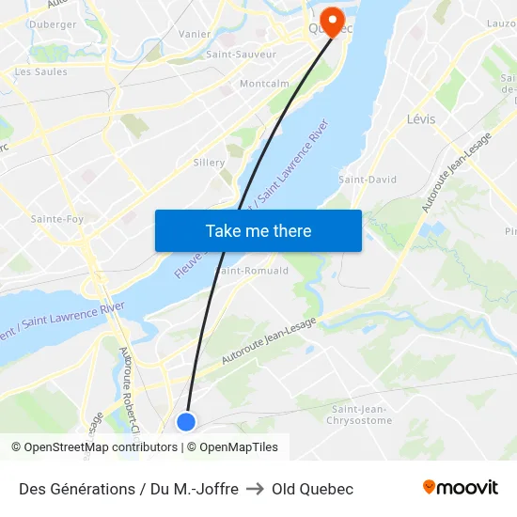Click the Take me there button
click(258, 231)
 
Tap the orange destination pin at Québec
click(332, 18)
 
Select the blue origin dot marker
click(186, 422)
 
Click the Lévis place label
click(422, 118)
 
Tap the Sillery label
click(209, 163)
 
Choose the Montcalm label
click(264, 84)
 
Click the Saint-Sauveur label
click(241, 55)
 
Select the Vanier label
click(195, 34)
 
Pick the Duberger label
click(53, 24)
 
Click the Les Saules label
click(41, 71)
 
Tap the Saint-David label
click(368, 180)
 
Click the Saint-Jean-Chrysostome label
click(361, 414)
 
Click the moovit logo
click(461, 488)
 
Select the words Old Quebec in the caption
click(312, 489)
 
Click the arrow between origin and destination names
click(255, 489)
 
